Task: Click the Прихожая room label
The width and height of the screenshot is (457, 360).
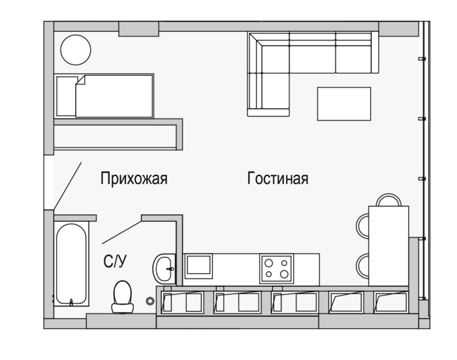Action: (x=134, y=178)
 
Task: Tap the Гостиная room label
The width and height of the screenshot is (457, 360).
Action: (x=277, y=178)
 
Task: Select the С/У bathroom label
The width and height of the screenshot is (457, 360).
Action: (x=115, y=262)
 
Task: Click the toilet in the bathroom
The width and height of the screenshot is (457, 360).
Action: (x=123, y=297)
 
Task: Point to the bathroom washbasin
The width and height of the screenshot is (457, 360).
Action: (x=164, y=268)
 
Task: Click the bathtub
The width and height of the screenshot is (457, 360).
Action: (x=71, y=264)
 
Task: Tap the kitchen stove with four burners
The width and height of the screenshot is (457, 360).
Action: (x=277, y=269)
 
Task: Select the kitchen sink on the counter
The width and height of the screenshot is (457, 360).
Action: (x=198, y=265)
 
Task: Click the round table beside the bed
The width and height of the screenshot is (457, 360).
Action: (x=76, y=50)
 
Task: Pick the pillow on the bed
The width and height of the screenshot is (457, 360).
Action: (x=67, y=97)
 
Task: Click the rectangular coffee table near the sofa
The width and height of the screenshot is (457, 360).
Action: (x=344, y=104)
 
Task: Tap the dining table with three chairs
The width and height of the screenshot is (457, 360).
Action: (x=388, y=246)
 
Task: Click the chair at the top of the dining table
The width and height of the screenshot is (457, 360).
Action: (x=388, y=200)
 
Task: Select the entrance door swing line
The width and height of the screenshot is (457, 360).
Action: (x=68, y=186)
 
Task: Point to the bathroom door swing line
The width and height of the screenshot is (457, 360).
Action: (x=121, y=232)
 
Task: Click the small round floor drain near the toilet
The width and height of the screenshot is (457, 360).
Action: (x=150, y=301)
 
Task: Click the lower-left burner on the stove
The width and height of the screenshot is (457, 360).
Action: (x=269, y=274)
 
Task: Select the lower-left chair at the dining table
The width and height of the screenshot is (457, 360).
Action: (x=362, y=265)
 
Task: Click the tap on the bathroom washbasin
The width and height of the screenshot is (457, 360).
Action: (x=171, y=269)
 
